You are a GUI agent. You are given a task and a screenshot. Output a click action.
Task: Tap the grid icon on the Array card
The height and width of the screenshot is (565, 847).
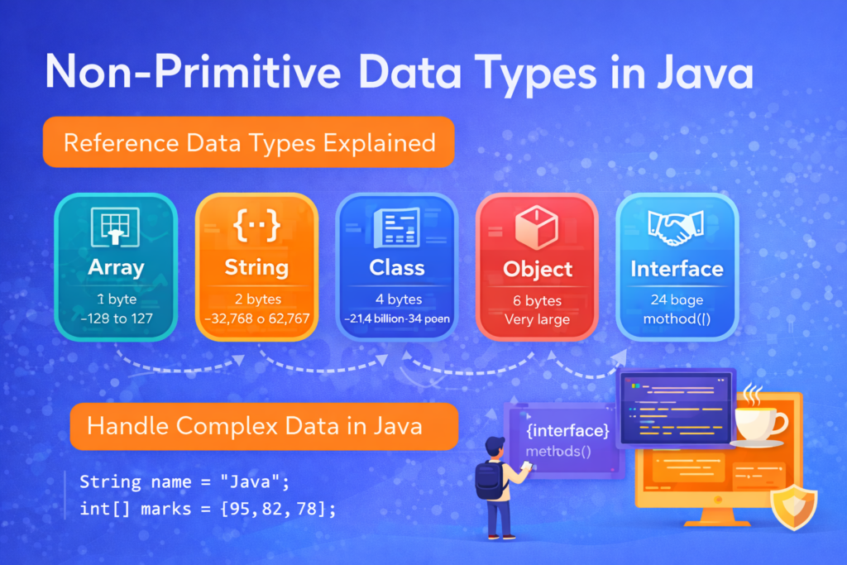[115, 227]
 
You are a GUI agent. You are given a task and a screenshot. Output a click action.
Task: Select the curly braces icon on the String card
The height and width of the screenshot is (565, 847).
[256, 228]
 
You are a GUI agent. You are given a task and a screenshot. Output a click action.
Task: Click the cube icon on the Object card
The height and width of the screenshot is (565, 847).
[537, 227]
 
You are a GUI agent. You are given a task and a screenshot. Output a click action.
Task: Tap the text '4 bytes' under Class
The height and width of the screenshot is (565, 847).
[397, 299]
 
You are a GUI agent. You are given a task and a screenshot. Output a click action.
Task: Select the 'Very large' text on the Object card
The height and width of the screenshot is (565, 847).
[537, 319]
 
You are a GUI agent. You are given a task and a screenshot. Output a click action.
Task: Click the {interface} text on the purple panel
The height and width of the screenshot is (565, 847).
[567, 431]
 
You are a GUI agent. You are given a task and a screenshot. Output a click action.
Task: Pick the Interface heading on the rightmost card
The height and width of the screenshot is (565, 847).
[677, 269]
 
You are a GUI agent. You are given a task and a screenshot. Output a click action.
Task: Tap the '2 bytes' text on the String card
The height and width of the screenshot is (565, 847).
[256, 299]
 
